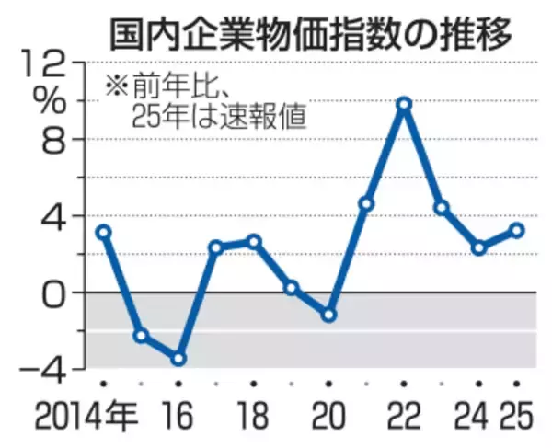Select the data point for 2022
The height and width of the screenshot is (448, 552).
403,104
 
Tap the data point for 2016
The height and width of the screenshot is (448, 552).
178,358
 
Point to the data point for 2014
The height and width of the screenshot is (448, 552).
103,232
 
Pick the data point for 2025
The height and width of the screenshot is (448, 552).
517,230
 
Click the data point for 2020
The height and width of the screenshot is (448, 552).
328,315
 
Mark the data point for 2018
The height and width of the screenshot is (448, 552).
254,241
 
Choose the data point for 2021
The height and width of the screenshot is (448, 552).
366,204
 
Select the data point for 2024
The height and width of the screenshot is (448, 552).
479,247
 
